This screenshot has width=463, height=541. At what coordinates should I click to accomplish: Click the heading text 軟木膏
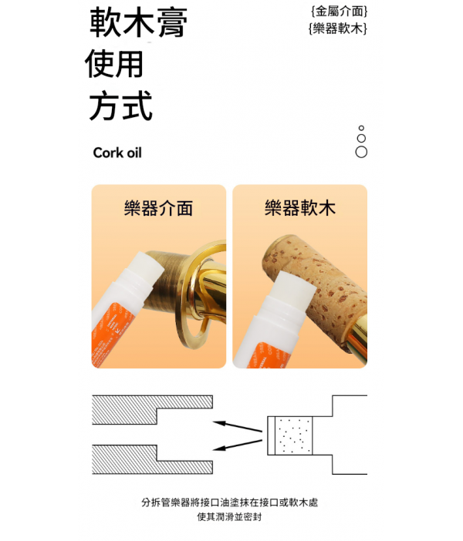(138, 22)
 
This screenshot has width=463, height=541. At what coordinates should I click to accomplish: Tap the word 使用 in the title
(114, 64)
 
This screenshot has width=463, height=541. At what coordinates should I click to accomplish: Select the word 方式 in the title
(120, 106)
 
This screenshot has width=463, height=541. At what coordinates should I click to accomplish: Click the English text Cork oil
(117, 153)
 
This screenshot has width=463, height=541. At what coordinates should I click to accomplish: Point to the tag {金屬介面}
(339, 12)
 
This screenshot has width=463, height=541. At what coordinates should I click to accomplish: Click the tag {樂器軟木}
(337, 28)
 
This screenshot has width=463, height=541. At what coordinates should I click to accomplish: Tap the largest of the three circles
(361, 152)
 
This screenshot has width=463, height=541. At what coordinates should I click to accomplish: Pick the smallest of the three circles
(361, 128)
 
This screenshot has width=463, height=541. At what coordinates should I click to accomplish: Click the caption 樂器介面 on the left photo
(158, 208)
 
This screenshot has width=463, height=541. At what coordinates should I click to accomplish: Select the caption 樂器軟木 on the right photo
(300, 208)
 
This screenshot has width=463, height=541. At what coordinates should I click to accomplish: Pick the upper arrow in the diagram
(238, 426)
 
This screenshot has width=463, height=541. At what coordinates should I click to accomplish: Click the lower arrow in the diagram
(238, 445)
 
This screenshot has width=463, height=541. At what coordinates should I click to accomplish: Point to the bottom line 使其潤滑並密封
(229, 517)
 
